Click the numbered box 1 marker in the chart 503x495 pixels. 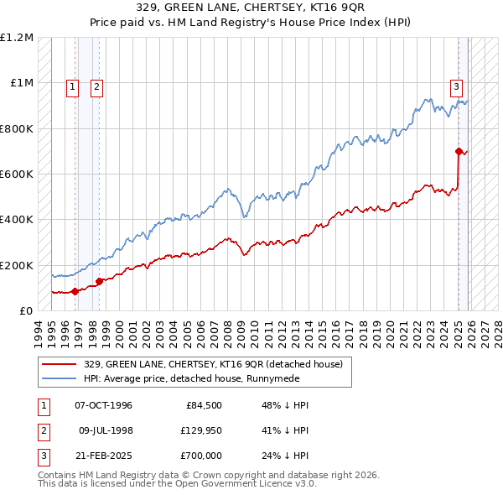click(x=73, y=86)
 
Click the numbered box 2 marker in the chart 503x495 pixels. click(x=96, y=86)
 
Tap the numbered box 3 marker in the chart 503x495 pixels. click(x=457, y=86)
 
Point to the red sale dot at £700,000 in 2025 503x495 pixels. click(x=459, y=152)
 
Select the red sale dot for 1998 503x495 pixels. click(x=99, y=281)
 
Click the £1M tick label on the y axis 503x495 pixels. click(x=22, y=83)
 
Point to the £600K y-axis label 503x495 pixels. click(x=18, y=175)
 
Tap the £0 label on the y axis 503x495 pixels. click(x=26, y=311)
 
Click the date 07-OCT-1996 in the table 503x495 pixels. click(x=104, y=405)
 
